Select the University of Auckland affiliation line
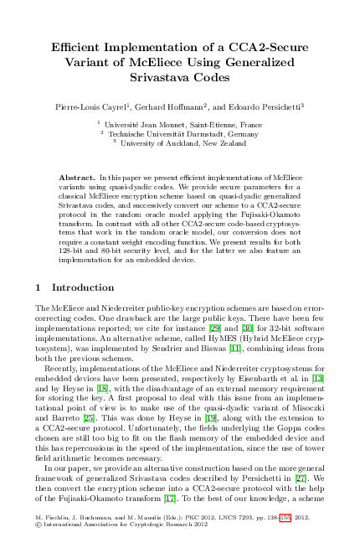183,142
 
